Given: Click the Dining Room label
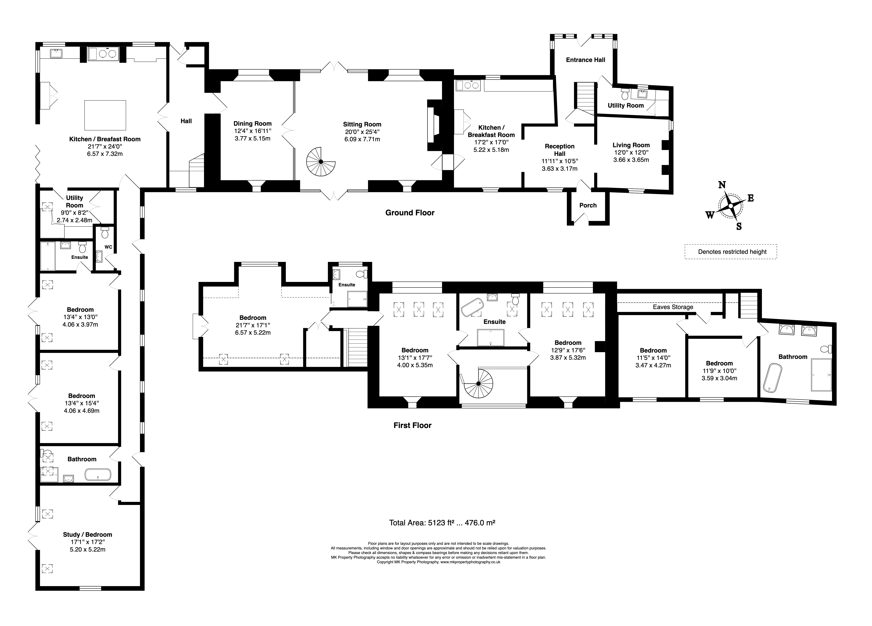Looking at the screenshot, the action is (253, 124).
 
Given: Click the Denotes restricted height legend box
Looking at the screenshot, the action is (730, 252).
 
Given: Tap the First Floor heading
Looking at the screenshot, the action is (412, 425).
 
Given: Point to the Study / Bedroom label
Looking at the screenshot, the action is (88, 534).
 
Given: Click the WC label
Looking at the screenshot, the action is (108, 247).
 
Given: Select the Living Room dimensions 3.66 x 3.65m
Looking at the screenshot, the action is (631, 160).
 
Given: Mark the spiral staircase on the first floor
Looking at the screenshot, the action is (478, 384).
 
